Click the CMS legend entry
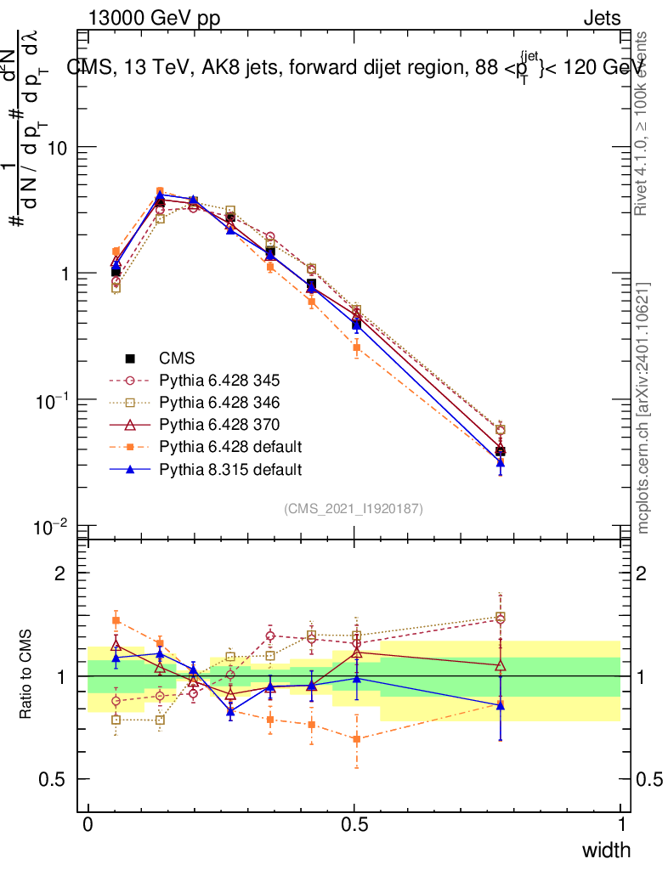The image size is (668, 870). (177, 359)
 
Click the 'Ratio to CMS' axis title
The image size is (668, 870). (26, 675)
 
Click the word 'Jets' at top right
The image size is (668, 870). (602, 18)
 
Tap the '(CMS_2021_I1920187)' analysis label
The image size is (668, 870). (354, 508)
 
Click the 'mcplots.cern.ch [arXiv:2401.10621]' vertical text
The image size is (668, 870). (644, 408)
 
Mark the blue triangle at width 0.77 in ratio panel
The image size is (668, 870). (501, 705)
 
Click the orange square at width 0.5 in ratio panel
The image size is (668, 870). (357, 739)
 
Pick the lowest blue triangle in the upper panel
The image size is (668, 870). (501, 463)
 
